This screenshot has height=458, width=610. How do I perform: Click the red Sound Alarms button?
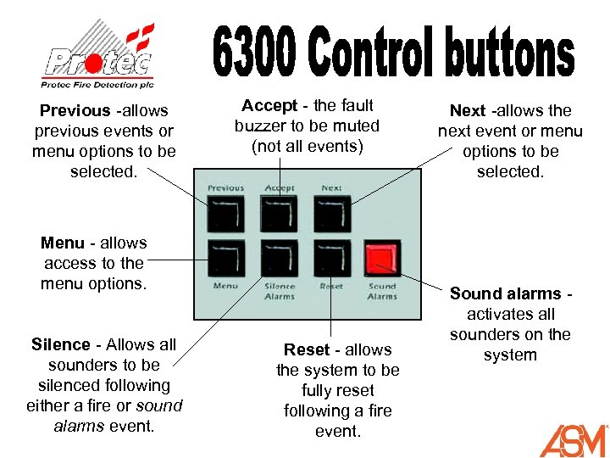[381, 259]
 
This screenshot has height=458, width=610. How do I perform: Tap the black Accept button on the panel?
[279, 213]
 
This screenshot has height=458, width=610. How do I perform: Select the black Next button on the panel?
[331, 213]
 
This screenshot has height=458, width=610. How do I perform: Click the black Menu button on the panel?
[225, 259]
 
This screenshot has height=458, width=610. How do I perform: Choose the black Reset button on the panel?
[331, 259]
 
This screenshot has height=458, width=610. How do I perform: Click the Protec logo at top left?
[99, 55]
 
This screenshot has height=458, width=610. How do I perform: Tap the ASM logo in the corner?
[574, 440]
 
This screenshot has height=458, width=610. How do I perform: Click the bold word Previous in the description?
[75, 110]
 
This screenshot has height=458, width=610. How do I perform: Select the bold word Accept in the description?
[269, 105]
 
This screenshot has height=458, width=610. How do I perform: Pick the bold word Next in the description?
[468, 110]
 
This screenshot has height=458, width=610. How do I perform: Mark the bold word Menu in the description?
[63, 243]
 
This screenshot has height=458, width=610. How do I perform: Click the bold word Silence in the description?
[60, 344]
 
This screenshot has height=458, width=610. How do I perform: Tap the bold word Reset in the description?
[307, 349]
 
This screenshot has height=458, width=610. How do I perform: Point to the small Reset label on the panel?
[331, 287]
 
